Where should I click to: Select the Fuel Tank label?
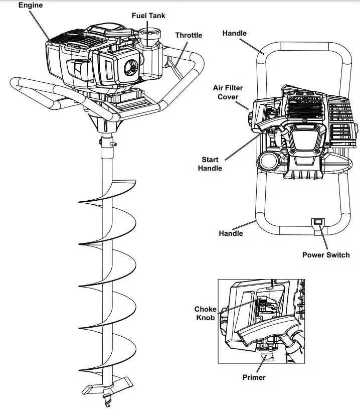click(148, 16)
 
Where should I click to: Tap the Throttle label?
click(189, 35)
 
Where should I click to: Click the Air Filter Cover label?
click(228, 92)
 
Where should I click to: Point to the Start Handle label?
click(210, 164)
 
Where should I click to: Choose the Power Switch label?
click(326, 255)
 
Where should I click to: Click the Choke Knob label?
click(206, 314)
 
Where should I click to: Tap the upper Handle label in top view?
click(234, 33)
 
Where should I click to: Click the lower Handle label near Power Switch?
click(231, 233)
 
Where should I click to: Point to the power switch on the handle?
click(317, 221)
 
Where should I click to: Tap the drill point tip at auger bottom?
click(106, 401)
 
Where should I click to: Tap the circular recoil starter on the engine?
click(130, 68)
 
